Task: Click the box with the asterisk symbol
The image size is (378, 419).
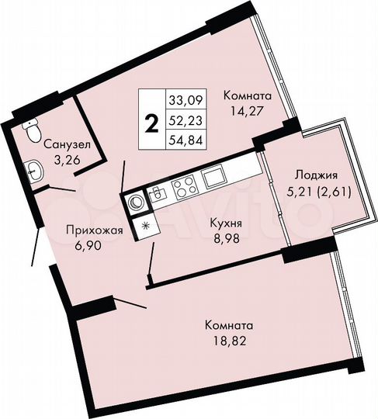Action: (144, 226)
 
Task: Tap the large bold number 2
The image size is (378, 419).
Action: (151, 121)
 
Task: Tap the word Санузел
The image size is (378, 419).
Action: (66, 144)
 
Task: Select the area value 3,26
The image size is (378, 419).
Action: (66, 160)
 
